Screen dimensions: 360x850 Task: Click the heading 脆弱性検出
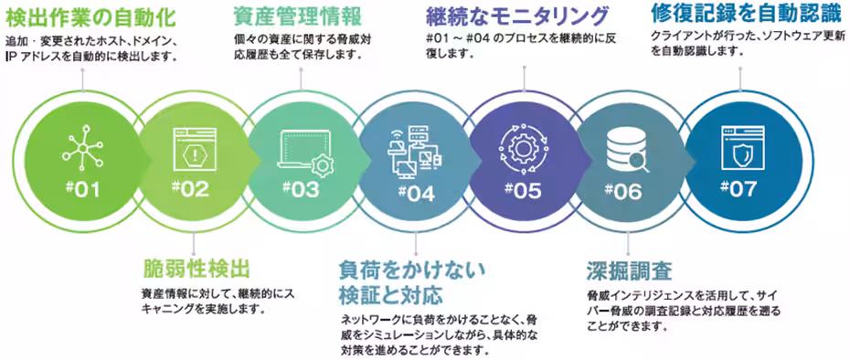click(197, 270)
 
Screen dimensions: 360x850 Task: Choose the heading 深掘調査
click(630, 271)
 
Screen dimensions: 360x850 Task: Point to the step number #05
click(523, 190)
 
